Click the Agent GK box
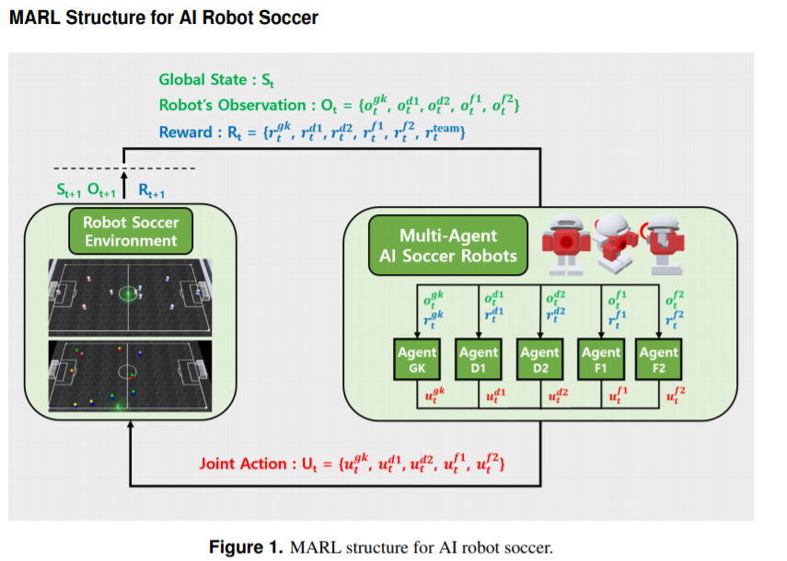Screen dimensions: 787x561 [x=417, y=359]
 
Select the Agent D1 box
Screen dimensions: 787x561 [x=479, y=359]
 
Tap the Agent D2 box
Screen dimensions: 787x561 [x=540, y=359]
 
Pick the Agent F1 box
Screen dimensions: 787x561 [x=601, y=359]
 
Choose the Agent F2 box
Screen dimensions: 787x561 [x=658, y=359]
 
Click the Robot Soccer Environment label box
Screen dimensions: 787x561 [x=131, y=231]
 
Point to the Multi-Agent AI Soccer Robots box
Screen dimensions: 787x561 [x=448, y=246]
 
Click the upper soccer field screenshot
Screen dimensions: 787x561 [x=130, y=297]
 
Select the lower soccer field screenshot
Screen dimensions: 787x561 [x=130, y=376]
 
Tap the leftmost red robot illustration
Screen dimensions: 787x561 [x=566, y=246]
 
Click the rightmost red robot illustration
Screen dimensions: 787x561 [x=664, y=246]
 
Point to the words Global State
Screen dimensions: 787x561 [x=203, y=80]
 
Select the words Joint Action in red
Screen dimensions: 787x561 [x=243, y=464]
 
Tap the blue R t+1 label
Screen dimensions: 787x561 [x=151, y=190]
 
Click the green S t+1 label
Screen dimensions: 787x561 [x=69, y=190]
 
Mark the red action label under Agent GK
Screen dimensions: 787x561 [x=434, y=395]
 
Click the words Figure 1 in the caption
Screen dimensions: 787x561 [x=246, y=547]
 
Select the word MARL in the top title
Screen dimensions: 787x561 [x=35, y=17]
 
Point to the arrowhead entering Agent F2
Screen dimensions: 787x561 [x=658, y=335]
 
